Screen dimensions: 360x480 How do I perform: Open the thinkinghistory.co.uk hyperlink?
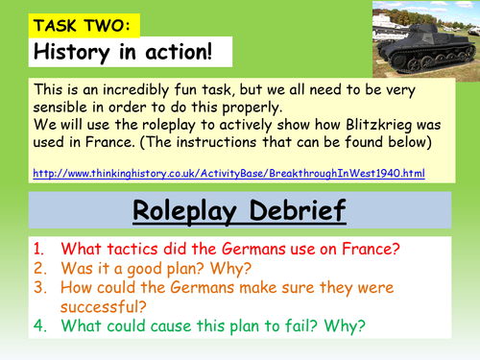(x=228, y=173)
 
